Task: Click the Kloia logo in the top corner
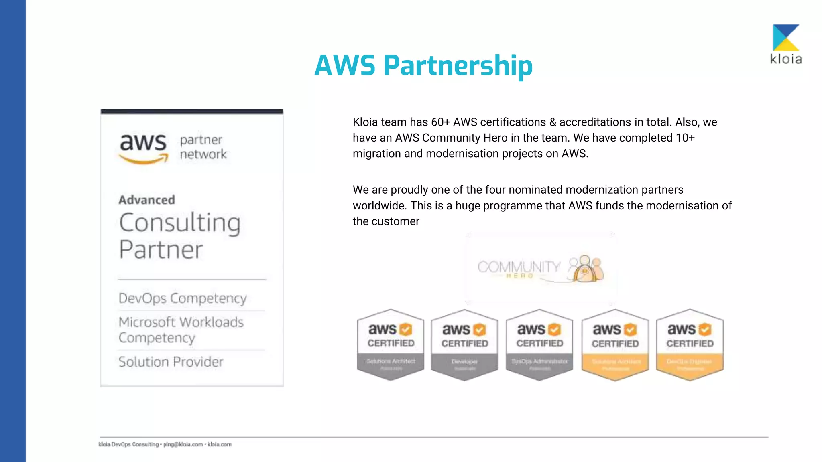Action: coord(786,44)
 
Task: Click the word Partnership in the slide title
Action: coord(458,66)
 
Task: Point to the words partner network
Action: coord(203,147)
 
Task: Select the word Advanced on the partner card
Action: coord(147,200)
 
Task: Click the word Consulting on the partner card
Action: coord(180,223)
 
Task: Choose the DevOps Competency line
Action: coord(183,298)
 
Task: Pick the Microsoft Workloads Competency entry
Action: coord(181,330)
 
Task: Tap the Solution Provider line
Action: coord(171,362)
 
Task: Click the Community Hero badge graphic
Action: coord(540,268)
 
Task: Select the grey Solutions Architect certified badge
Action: coord(391,345)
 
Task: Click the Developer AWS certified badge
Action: coord(465,345)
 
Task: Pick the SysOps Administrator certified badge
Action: coord(539,345)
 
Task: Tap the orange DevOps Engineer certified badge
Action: coord(690,345)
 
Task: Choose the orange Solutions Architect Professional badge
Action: coord(615,345)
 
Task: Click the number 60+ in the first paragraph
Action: coord(440,122)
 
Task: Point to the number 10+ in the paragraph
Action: coord(685,138)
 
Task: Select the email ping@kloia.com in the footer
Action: coord(183,444)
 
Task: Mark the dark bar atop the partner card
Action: coord(192,112)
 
